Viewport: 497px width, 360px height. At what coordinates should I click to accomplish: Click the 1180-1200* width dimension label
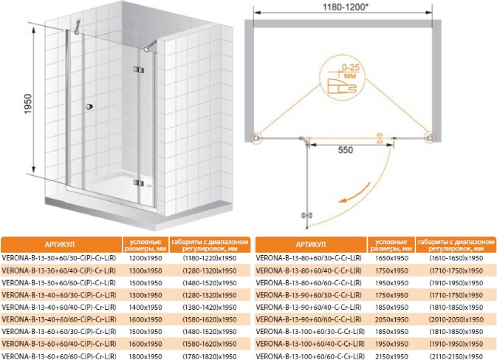click(346, 7)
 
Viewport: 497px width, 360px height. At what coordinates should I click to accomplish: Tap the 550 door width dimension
click(346, 150)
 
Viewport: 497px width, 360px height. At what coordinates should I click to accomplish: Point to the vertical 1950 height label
click(28, 103)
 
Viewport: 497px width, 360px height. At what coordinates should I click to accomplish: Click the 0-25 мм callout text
click(350, 71)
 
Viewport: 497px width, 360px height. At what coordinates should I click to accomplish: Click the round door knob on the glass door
click(89, 107)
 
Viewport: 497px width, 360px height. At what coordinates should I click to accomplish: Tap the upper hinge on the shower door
click(139, 69)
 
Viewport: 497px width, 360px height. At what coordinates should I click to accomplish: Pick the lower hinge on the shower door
click(139, 183)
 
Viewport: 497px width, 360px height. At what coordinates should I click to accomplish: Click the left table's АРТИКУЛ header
click(60, 245)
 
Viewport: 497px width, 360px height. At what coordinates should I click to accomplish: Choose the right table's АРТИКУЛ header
click(311, 245)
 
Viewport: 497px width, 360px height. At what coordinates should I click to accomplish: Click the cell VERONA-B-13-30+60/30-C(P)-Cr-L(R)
click(59, 258)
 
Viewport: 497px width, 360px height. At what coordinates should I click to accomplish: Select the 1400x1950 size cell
click(145, 308)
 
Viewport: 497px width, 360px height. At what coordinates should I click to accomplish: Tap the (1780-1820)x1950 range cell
click(210, 356)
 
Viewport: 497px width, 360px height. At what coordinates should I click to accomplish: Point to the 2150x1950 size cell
click(391, 356)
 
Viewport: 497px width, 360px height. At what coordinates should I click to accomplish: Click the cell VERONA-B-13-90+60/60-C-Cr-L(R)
click(309, 319)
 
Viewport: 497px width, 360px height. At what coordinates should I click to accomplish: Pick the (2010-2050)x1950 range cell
click(456, 319)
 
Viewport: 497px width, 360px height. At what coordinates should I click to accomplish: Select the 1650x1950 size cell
click(391, 258)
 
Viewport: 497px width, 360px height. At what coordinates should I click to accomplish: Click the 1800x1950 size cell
click(145, 356)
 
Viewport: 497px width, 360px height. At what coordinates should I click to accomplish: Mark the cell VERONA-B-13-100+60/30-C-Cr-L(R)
click(310, 332)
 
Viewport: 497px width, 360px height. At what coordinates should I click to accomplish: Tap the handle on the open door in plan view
click(306, 216)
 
